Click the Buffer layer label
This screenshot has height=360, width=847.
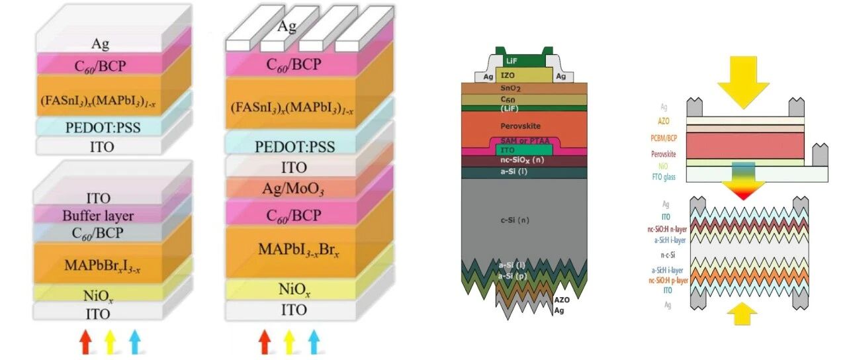(98, 215)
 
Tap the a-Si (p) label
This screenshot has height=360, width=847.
(513, 274)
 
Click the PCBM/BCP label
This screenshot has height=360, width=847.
(664, 140)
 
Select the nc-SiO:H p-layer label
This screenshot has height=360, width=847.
(668, 280)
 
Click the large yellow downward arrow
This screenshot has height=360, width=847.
(743, 78)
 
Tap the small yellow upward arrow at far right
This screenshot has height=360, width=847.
(743, 312)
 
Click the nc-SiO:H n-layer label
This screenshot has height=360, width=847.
(668, 229)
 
